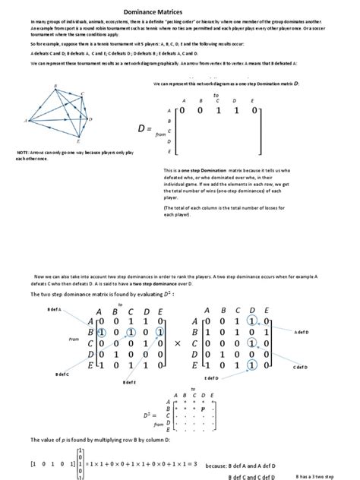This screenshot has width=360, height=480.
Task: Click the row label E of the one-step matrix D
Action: [169, 152]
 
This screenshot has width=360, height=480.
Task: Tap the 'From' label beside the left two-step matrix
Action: [73, 339]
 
